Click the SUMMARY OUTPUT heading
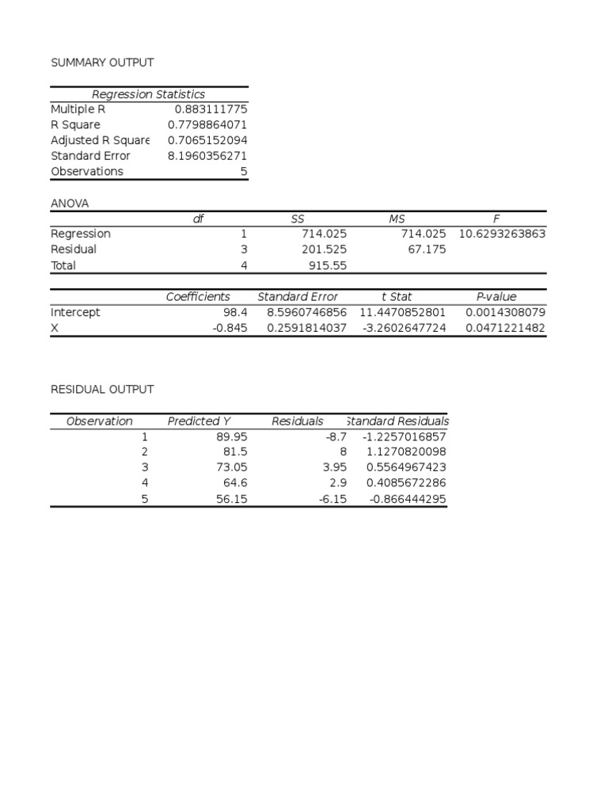[x=102, y=63]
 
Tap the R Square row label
[x=75, y=125]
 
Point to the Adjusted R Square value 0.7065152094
[x=207, y=140]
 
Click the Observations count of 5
[x=244, y=172]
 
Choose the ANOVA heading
[x=70, y=204]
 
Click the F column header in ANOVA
[x=496, y=219]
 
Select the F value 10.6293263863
[x=502, y=234]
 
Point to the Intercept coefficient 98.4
[x=235, y=313]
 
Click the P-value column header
[x=496, y=297]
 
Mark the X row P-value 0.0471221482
[x=505, y=328]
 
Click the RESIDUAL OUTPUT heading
[x=102, y=390]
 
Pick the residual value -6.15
[x=332, y=499]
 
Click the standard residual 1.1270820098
[x=407, y=451]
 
